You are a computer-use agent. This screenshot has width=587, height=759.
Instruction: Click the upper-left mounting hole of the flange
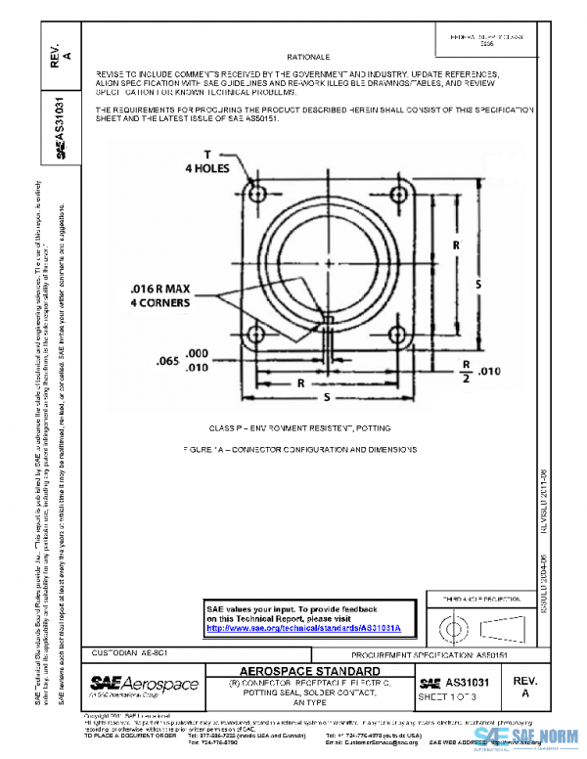coord(257,194)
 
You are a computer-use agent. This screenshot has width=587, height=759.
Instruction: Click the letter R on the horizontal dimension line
coord(301,383)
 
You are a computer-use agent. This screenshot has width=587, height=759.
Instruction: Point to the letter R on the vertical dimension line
coord(456,245)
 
